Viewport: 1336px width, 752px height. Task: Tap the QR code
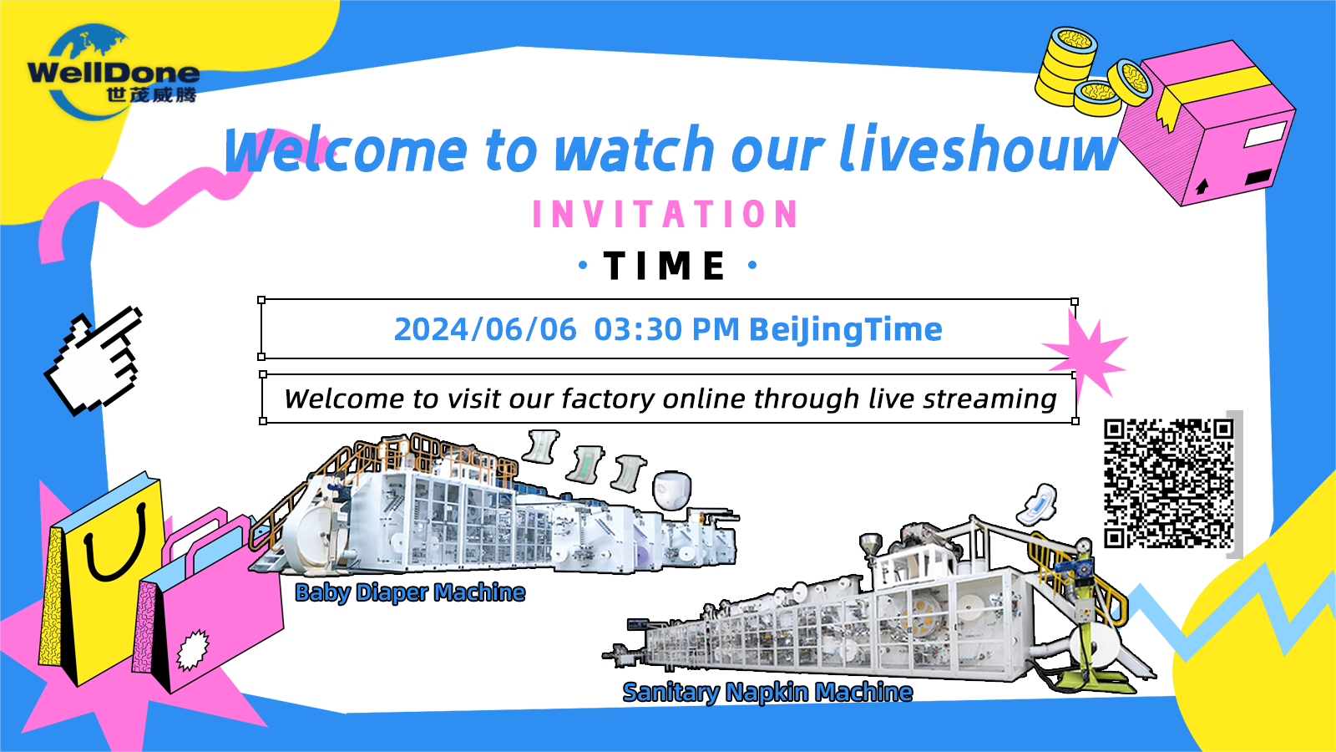click(x=1168, y=484)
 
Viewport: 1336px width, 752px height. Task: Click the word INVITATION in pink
click(x=665, y=214)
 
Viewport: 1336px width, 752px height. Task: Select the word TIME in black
click(x=665, y=266)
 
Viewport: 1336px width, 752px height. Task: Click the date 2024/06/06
click(x=485, y=329)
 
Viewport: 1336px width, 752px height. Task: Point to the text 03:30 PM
click(x=667, y=329)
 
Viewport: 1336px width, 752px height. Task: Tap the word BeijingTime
click(x=846, y=330)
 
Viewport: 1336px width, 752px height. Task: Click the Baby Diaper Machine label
click(x=410, y=592)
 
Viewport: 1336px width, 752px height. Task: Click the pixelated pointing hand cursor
click(x=95, y=362)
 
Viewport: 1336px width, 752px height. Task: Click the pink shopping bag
click(x=209, y=602)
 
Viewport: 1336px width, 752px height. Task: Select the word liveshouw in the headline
click(x=978, y=150)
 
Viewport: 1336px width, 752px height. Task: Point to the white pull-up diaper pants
click(x=672, y=490)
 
